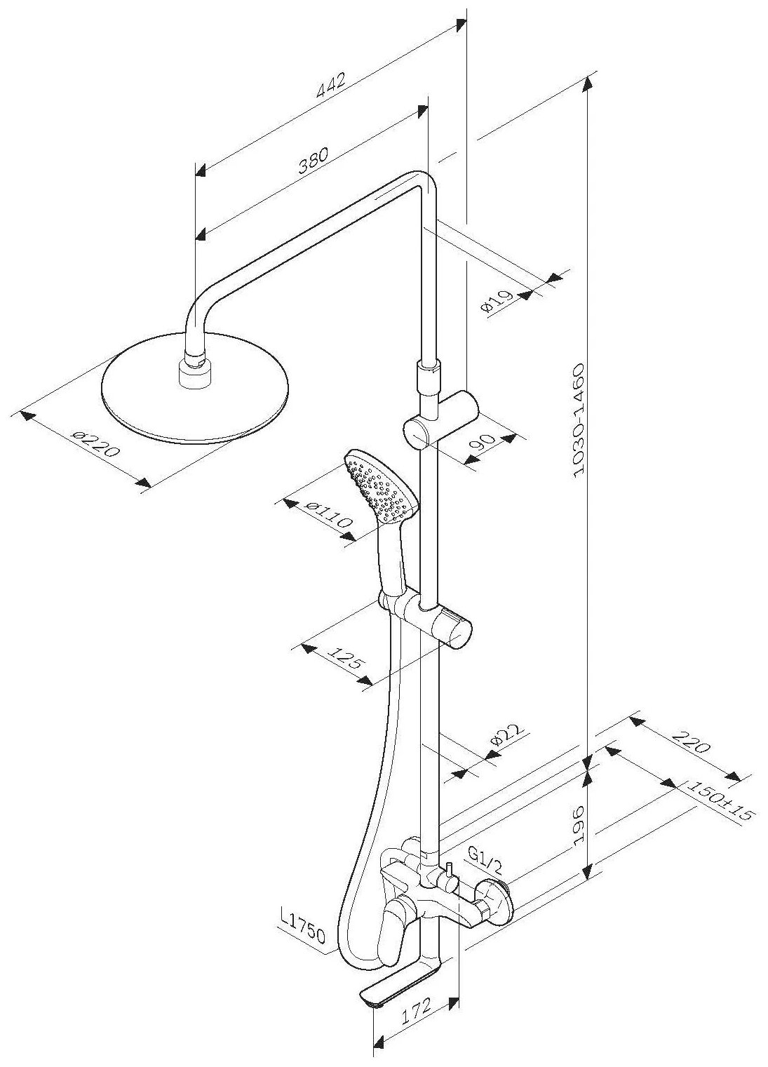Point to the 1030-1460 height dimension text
coord(579,421)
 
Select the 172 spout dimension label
coord(412,1007)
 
